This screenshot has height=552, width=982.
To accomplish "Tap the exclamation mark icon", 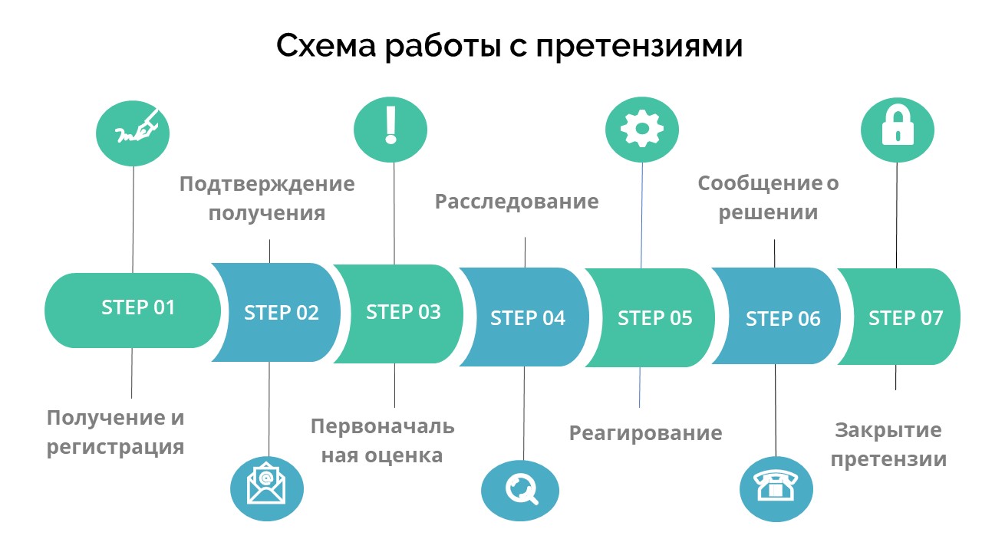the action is (x=390, y=125).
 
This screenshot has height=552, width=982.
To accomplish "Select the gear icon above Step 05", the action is (x=642, y=129).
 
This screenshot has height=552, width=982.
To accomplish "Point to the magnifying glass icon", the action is (x=521, y=489).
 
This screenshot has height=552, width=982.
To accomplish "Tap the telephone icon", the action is (x=776, y=485).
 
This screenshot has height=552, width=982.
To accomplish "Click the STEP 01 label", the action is (x=138, y=307).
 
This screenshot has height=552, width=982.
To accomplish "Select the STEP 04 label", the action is (x=527, y=318).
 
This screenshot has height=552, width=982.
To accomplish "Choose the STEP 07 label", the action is (x=906, y=318).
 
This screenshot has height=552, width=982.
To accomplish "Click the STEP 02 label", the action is (x=281, y=313).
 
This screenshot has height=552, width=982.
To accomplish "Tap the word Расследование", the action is (x=516, y=202).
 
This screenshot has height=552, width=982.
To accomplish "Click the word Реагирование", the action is (x=645, y=434).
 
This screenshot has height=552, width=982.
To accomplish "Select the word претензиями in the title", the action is (x=639, y=45).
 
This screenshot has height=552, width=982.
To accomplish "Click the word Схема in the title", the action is (x=326, y=45).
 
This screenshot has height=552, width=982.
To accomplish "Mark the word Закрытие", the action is (x=888, y=431).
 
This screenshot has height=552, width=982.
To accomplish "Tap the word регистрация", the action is (x=115, y=448).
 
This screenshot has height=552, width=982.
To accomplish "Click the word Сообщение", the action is (x=760, y=183).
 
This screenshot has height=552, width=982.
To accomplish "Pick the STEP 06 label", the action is (x=783, y=319).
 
